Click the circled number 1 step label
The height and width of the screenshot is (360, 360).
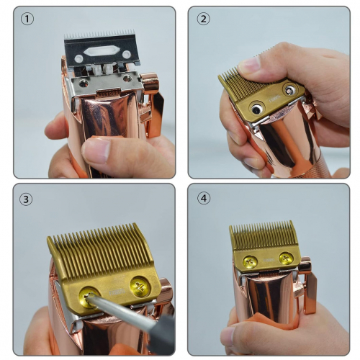(27, 19)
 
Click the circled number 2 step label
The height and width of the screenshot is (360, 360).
(203, 19)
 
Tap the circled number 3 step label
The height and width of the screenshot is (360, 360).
(26, 199)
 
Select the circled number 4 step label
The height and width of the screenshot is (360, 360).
(204, 199)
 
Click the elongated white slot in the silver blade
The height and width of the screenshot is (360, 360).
(102, 51)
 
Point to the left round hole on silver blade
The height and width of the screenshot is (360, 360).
(78, 58)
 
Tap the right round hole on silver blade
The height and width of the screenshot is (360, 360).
(126, 55)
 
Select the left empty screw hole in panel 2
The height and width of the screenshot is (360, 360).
(256, 109)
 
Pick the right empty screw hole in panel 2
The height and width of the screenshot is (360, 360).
(289, 90)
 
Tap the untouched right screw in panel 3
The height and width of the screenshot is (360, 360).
(140, 287)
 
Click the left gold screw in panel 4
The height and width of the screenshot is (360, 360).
(250, 262)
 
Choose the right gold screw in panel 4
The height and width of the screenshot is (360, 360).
(286, 258)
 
